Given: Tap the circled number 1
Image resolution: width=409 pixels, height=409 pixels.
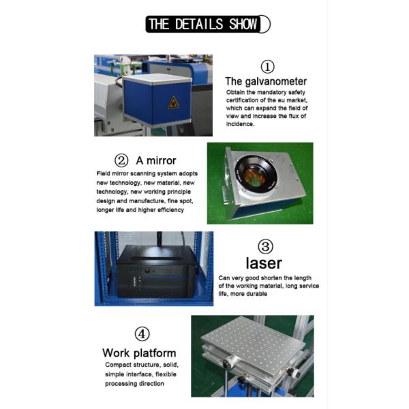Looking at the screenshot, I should pyautogui.click(x=268, y=66).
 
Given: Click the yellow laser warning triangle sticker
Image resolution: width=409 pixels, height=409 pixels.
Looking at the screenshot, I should pyautogui.click(x=173, y=103).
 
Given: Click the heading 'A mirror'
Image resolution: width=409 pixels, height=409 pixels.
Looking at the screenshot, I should pyautogui.click(x=156, y=161).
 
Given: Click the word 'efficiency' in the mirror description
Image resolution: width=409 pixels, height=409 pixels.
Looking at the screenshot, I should pyautogui.click(x=168, y=210).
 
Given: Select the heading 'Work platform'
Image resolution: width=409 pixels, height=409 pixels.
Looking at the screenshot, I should pyautogui.click(x=139, y=353).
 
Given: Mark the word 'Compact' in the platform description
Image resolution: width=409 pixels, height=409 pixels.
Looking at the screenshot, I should pyautogui.click(x=118, y=365).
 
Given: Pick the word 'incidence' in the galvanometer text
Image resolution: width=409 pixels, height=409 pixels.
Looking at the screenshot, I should pyautogui.click(x=242, y=124).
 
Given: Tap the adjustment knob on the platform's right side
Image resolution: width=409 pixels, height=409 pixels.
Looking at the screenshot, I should pyautogui.click(x=294, y=373).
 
